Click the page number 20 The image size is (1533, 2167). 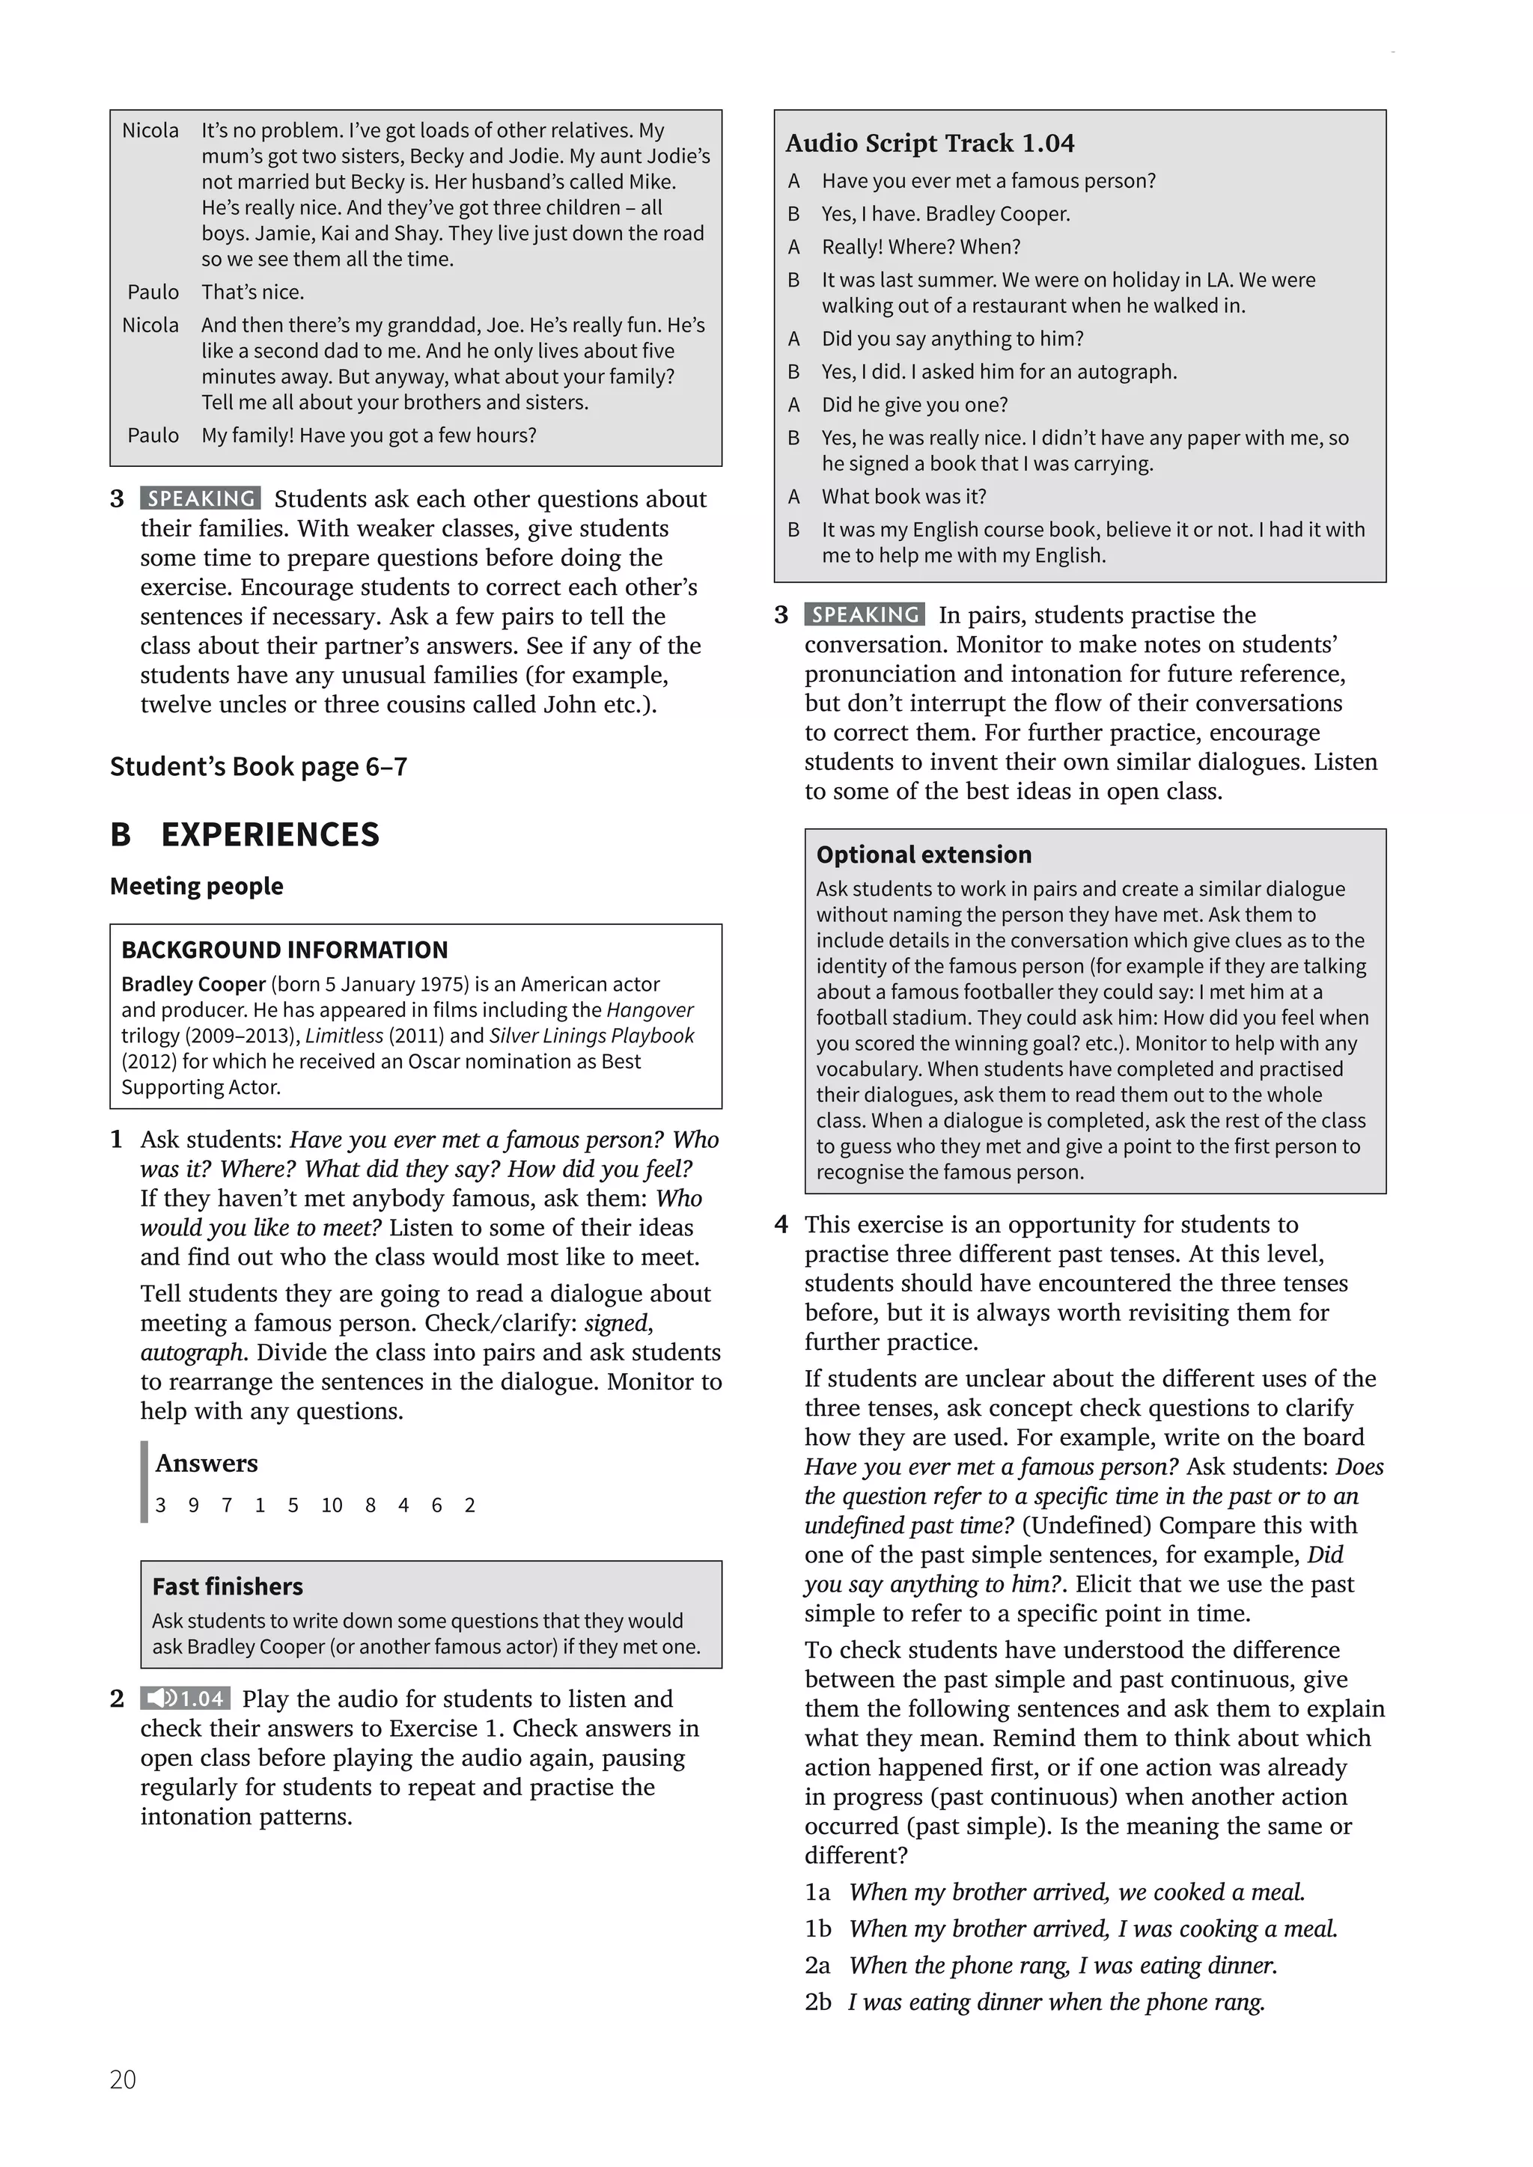[123, 2079]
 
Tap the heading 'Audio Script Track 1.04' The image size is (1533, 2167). [930, 144]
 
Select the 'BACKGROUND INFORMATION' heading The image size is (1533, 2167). [284, 950]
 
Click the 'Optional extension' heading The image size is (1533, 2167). [923, 854]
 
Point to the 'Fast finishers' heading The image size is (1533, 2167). [228, 1586]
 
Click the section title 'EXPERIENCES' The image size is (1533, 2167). [270, 834]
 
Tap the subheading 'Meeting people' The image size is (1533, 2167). [196, 886]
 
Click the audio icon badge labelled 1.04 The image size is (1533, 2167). [185, 1699]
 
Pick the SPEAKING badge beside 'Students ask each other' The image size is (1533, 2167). [201, 498]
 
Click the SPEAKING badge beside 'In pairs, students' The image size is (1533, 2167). [865, 614]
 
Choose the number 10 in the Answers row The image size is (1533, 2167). [332, 1506]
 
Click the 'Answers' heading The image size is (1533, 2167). [207, 1463]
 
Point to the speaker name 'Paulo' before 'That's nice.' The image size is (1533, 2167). [153, 292]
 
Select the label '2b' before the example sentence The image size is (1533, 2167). [817, 2001]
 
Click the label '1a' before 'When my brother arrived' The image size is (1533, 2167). [817, 1892]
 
